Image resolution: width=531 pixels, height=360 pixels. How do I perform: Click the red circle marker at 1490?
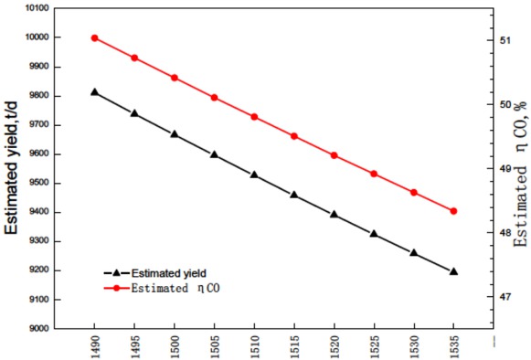[x=94, y=37]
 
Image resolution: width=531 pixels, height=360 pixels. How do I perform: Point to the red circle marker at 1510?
[x=254, y=117]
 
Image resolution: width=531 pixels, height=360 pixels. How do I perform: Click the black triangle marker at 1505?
[x=214, y=154]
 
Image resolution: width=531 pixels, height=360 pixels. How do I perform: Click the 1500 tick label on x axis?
[x=175, y=346]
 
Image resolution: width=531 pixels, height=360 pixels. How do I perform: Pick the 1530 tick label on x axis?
[x=414, y=346]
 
